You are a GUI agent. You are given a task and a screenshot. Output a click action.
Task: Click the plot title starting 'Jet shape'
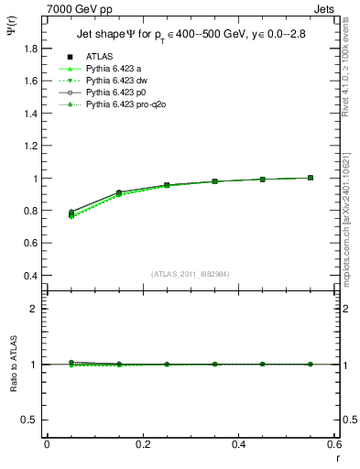[x=190, y=35]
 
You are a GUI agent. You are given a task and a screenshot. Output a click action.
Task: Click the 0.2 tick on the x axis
[x=143, y=444]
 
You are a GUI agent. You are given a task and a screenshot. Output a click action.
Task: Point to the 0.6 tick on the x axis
[x=335, y=444]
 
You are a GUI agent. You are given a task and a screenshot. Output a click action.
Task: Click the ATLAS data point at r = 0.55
[x=311, y=178]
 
